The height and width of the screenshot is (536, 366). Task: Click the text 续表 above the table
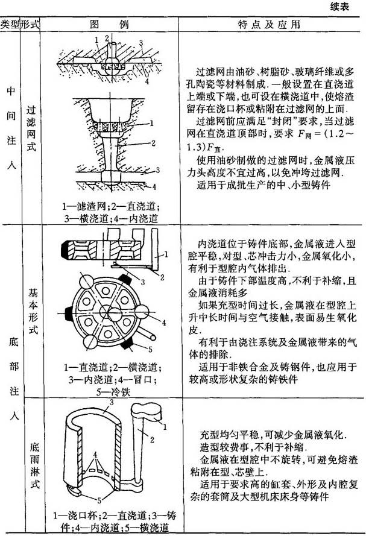(x=340, y=7)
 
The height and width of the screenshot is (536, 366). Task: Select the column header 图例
(x=109, y=25)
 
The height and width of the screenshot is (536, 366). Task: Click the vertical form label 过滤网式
(x=31, y=128)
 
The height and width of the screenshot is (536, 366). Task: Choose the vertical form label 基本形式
(x=33, y=312)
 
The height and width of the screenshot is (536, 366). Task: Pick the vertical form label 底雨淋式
(x=34, y=465)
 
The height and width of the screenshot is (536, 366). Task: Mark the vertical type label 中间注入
(x=11, y=128)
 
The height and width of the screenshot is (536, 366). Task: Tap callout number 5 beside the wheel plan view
(x=150, y=350)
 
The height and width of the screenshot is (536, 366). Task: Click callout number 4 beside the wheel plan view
(x=163, y=323)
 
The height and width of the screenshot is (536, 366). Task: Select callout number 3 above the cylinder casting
(x=112, y=402)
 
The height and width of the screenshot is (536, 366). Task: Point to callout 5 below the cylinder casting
(x=99, y=500)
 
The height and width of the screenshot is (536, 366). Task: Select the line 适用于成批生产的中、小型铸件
(x=264, y=185)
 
